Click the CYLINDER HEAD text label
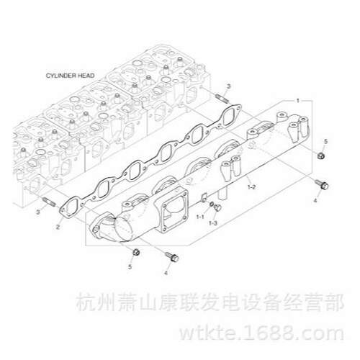click(70, 76)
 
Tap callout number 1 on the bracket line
click(298, 101)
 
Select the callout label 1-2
click(252, 186)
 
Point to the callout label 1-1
click(200, 217)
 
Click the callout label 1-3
click(213, 223)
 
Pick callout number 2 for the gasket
click(58, 227)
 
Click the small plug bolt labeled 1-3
click(217, 208)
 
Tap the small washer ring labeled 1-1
click(212, 204)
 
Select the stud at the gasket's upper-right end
click(222, 99)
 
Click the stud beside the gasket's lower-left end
click(49, 202)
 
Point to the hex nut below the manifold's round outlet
click(136, 252)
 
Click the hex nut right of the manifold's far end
click(321, 156)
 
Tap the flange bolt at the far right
click(322, 184)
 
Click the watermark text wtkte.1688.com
click(261, 333)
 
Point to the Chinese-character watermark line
click(210, 302)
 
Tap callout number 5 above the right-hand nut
click(325, 142)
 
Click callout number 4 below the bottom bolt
click(166, 273)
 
